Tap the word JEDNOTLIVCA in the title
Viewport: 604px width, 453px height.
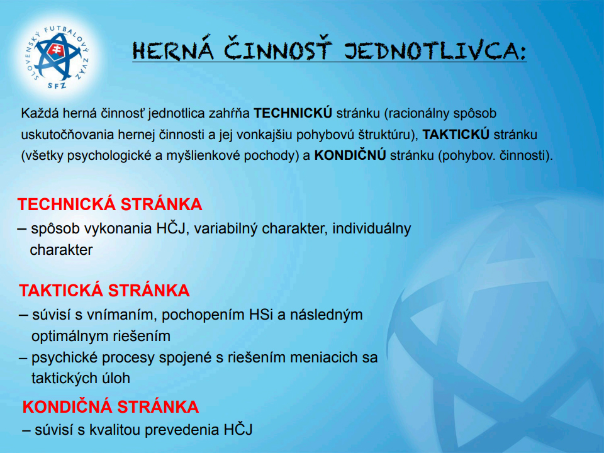click(435, 50)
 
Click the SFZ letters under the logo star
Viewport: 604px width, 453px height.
click(57, 85)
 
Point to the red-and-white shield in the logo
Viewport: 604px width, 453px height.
click(56, 50)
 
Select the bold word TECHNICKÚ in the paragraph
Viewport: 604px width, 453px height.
click(293, 113)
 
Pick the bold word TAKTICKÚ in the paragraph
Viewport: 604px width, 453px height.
click(456, 135)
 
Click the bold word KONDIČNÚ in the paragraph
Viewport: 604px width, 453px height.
click(350, 155)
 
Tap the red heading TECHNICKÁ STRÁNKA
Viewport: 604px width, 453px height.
click(109, 204)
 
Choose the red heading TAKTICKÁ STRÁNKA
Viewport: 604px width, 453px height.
click(104, 290)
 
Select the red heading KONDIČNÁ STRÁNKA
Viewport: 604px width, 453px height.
click(111, 406)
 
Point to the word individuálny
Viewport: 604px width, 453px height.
click(372, 228)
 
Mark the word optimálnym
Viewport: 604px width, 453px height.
click(68, 336)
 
